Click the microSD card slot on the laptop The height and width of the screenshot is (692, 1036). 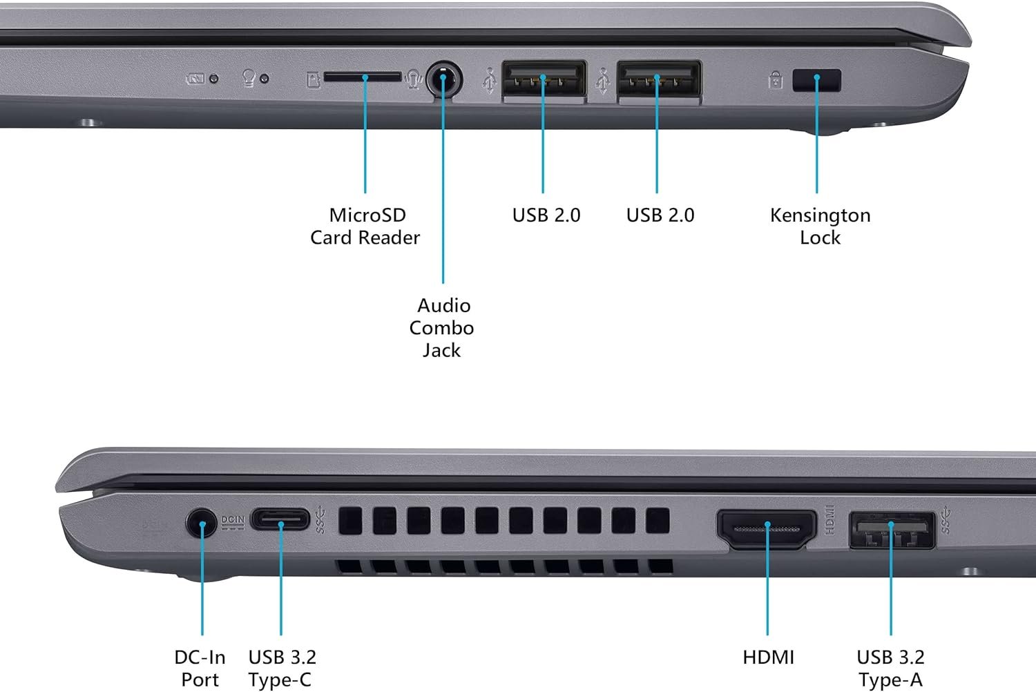coord(362,76)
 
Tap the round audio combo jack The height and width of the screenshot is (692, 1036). coord(443,80)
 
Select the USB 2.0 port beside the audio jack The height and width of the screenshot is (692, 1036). coord(544,80)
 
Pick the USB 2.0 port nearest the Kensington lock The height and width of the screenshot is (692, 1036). coord(658,80)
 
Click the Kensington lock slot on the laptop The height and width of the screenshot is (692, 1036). coord(817,80)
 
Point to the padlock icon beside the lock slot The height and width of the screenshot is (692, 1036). coord(776,81)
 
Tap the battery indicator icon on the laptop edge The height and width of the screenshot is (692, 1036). coord(195,79)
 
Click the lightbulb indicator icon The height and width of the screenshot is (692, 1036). coord(249,78)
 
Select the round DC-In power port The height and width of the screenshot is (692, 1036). coord(202,522)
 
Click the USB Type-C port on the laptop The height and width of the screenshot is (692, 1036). coord(280,519)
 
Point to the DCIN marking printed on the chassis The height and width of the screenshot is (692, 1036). coord(233,520)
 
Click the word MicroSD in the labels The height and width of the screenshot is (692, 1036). coord(367,215)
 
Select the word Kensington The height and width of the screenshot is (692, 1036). coord(820,215)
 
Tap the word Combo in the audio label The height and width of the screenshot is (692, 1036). coord(441,328)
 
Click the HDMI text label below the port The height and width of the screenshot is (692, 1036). coord(768,657)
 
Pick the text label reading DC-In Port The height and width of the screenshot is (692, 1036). coord(200,668)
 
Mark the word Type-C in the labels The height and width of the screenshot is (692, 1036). coord(280,680)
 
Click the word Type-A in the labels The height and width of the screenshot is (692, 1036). coord(890,680)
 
